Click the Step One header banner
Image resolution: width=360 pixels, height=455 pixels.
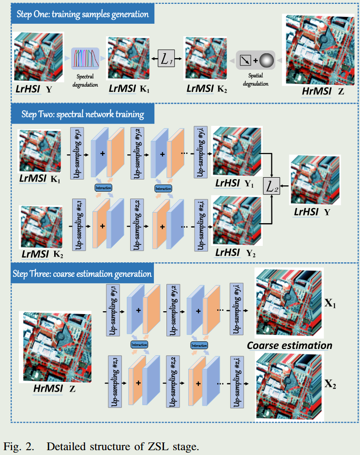(x=82, y=14)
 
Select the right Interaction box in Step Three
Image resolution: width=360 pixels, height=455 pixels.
(x=199, y=346)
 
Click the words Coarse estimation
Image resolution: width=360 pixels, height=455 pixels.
(x=289, y=346)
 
